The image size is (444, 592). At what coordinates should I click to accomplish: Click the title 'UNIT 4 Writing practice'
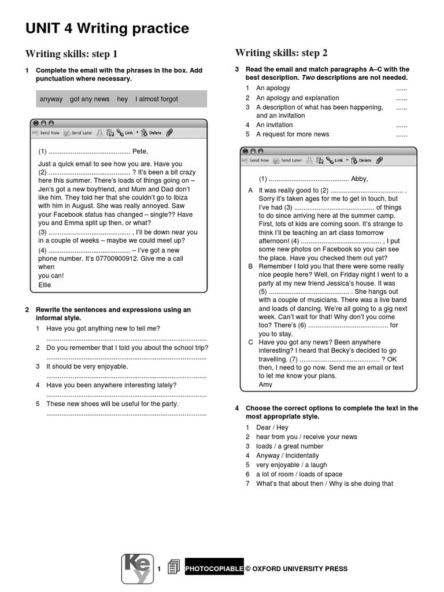107,28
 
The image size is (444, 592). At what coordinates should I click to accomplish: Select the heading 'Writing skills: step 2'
281,53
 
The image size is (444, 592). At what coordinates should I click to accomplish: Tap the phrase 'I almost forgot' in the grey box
157,99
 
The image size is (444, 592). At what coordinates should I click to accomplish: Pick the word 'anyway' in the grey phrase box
51,99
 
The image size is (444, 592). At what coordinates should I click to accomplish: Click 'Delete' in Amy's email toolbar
365,160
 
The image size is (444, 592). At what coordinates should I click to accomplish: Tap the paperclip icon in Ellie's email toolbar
169,132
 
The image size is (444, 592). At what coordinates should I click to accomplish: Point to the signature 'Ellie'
45,285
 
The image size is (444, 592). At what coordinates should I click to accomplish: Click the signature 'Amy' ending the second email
265,384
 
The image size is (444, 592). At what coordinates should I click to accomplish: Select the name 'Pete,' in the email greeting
140,151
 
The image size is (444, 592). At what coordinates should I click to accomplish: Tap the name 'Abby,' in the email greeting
359,179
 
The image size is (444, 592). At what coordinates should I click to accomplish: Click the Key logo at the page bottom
138,568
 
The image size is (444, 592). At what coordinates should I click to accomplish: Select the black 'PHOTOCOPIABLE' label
214,569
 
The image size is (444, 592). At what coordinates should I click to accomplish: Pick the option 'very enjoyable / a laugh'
291,465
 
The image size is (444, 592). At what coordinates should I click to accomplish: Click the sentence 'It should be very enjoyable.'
87,367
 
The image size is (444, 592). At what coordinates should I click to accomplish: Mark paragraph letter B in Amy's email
250,266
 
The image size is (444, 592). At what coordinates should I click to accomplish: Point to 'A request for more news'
293,134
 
